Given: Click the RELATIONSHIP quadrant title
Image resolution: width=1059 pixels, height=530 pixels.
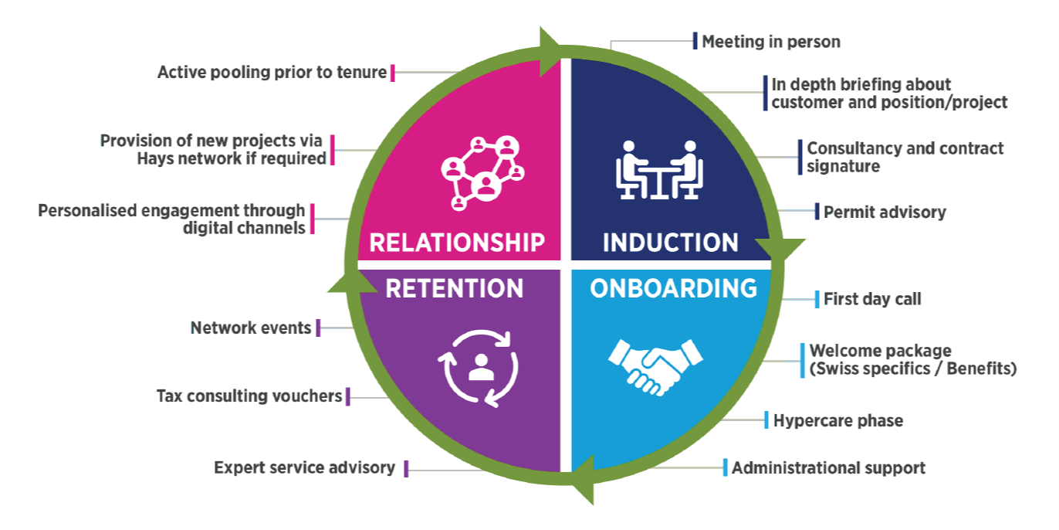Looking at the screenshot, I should (457, 242).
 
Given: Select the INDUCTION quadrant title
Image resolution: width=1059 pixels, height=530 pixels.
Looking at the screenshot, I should (670, 242).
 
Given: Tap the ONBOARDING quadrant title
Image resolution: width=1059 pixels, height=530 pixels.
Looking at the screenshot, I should (673, 288).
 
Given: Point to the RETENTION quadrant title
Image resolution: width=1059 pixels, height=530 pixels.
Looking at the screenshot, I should (454, 288).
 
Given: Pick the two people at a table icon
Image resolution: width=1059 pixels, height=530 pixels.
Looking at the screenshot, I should (660, 169).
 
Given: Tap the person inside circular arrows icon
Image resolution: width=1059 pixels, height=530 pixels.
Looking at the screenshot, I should (479, 367).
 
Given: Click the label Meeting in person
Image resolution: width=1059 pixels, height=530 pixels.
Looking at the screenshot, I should (770, 42).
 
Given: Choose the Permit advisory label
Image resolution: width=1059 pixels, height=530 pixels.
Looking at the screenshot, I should (884, 212).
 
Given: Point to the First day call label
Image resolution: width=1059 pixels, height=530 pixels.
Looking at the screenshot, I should (872, 299).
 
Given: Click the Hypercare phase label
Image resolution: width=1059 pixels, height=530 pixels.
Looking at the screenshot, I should (837, 420).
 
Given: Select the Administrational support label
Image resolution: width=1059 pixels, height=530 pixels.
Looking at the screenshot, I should (828, 467).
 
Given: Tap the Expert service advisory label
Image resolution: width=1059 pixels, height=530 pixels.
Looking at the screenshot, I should (304, 467).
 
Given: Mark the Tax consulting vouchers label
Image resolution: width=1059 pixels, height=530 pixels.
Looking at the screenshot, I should (249, 396).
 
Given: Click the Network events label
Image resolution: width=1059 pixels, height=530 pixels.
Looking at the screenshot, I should (251, 328).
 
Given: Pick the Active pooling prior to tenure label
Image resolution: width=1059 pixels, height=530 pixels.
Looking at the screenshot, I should (272, 73).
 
